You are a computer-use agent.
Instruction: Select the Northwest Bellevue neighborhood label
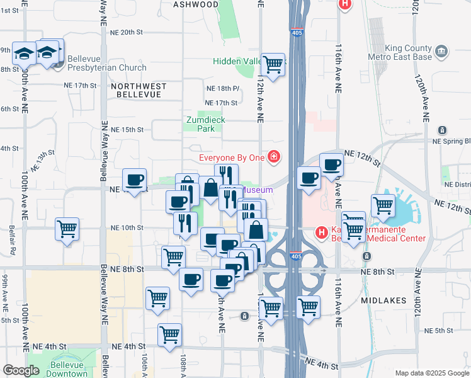(x=139, y=90)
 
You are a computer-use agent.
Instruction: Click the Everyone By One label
(x=232, y=157)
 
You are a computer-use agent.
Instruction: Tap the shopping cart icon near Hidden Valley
(x=273, y=64)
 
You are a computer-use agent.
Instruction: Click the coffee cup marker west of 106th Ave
(x=133, y=181)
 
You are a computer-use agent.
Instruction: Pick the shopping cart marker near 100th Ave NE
(x=67, y=229)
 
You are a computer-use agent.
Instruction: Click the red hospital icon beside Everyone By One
(x=273, y=156)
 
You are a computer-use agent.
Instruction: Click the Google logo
(x=21, y=370)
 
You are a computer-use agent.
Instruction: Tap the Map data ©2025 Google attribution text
(x=431, y=373)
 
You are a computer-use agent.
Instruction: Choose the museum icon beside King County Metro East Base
(x=441, y=50)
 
